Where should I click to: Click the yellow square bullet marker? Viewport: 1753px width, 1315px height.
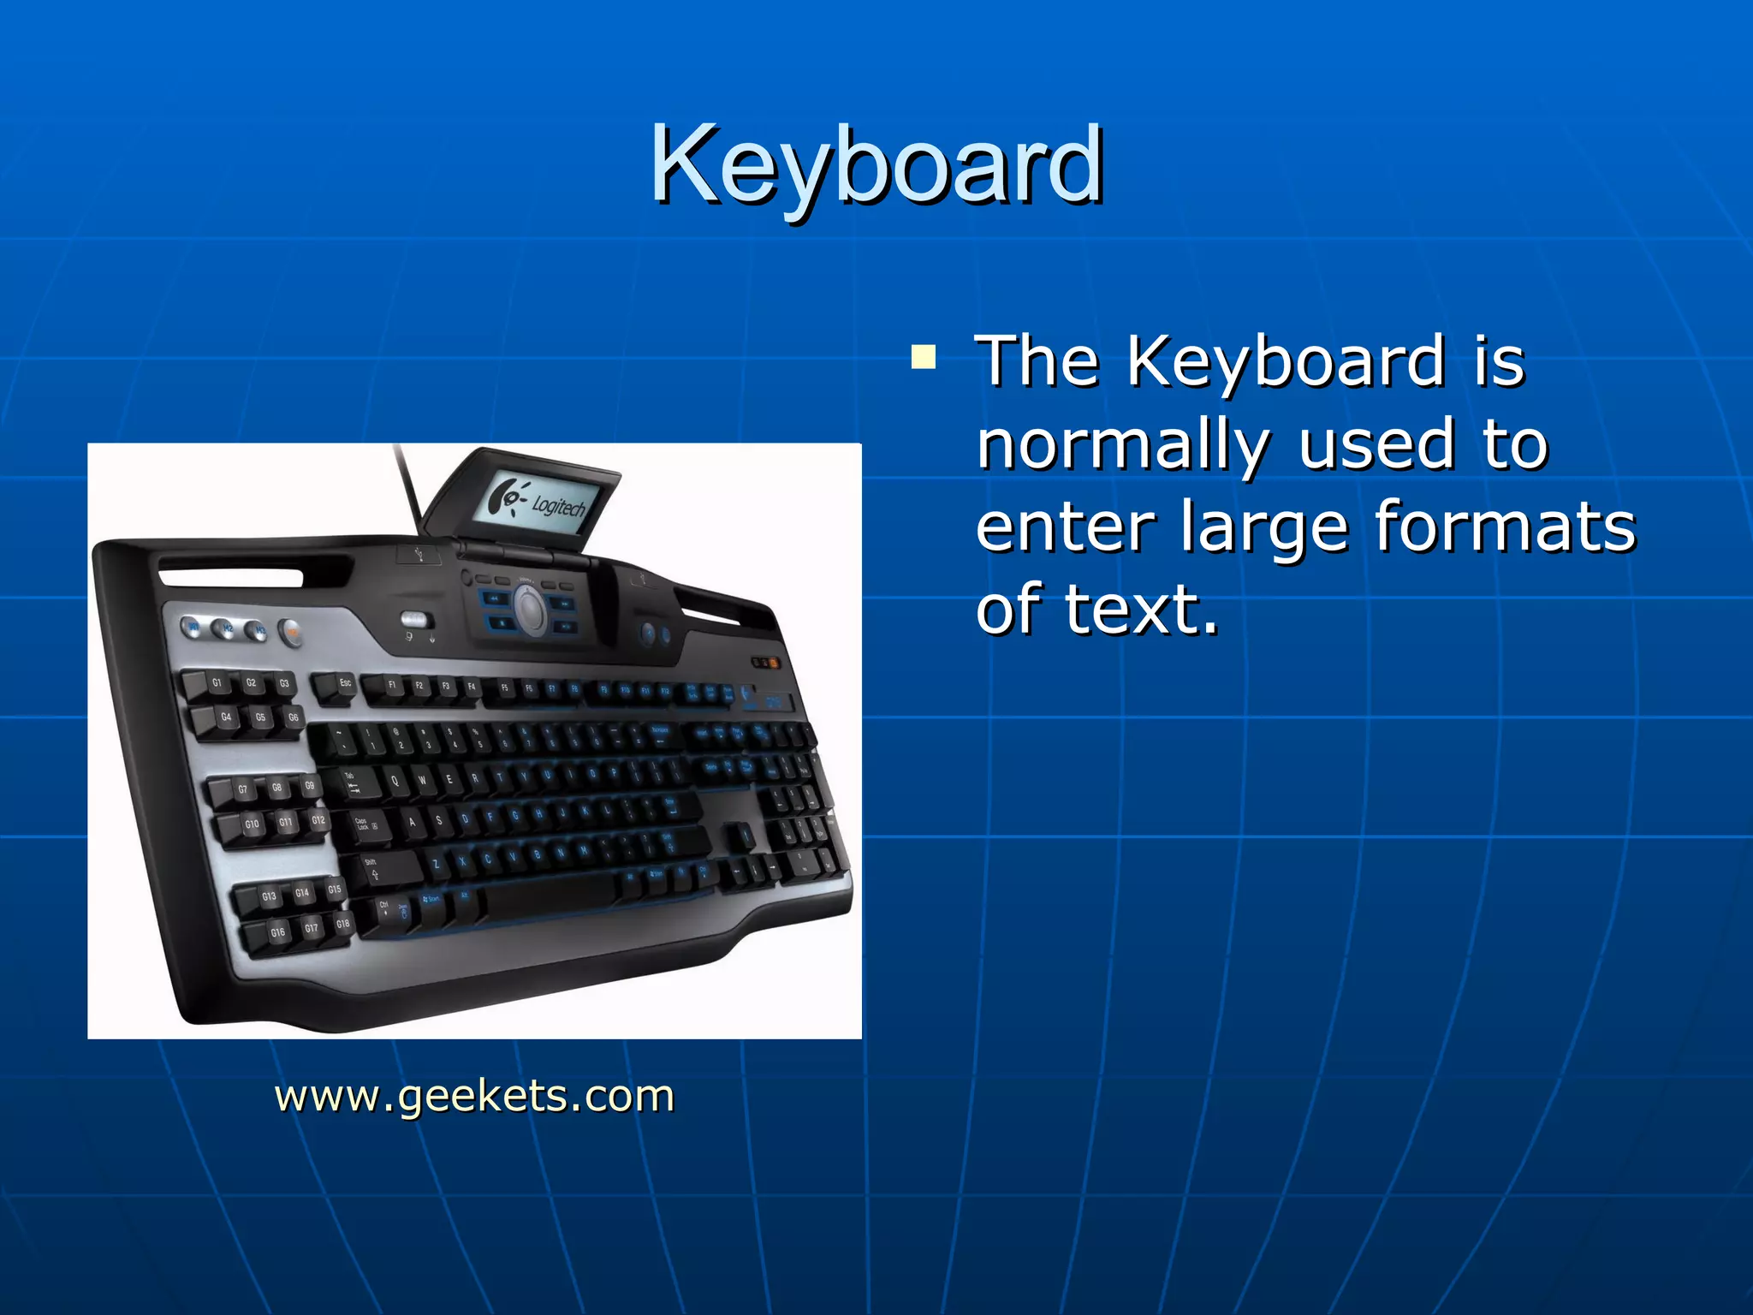click(x=924, y=356)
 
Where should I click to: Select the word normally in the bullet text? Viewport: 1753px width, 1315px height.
click(x=1121, y=445)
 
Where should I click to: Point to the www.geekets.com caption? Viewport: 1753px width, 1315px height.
click(x=474, y=1096)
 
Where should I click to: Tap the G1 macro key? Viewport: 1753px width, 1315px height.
click(x=217, y=683)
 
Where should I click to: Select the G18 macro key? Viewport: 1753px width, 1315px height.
click(x=342, y=924)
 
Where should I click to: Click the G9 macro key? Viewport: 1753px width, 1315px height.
click(x=309, y=786)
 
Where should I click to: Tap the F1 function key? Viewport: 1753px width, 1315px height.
click(x=392, y=686)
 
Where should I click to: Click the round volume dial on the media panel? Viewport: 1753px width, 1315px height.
click(x=531, y=610)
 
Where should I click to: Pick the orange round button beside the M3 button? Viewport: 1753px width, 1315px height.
click(x=291, y=634)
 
